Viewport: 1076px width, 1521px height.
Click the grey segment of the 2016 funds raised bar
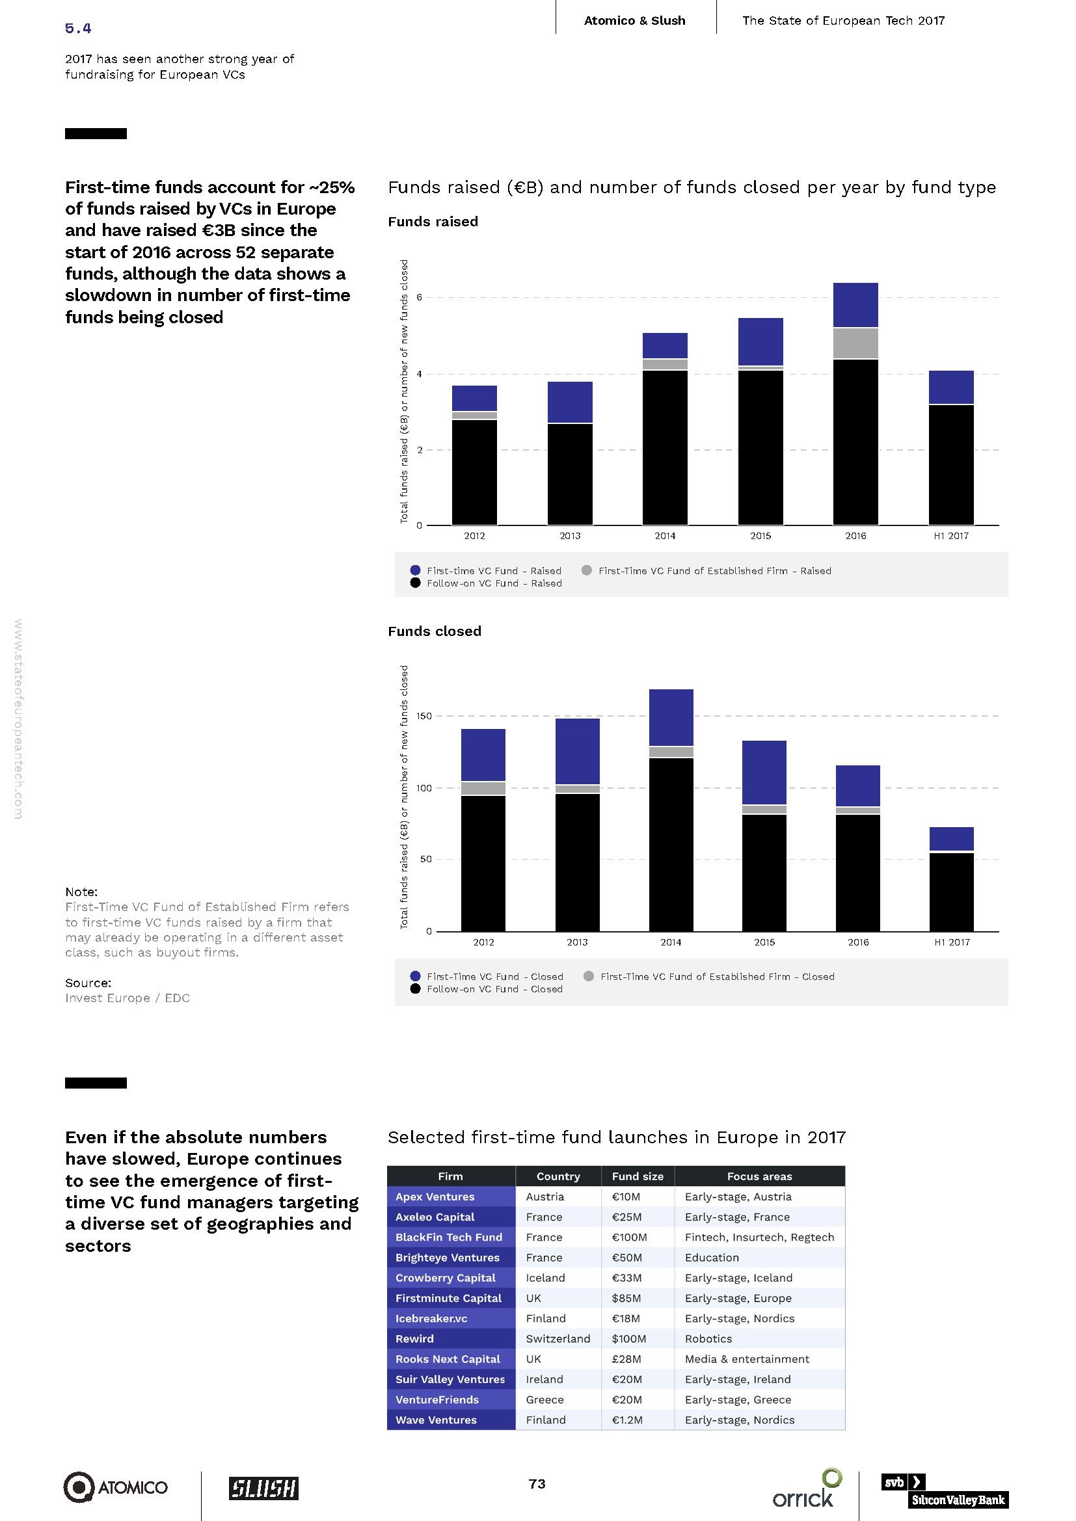click(855, 343)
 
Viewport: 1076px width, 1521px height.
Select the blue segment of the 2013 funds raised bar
click(570, 402)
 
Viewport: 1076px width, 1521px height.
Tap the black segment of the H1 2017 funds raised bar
click(951, 464)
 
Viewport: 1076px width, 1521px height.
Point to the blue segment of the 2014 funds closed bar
click(671, 717)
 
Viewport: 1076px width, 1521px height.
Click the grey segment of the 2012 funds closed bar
click(483, 788)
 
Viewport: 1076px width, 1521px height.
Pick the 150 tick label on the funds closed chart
click(424, 716)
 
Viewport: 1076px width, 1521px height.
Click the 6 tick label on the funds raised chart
click(420, 297)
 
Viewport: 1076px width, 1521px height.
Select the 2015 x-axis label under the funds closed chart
click(764, 942)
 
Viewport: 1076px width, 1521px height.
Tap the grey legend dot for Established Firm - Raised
click(586, 570)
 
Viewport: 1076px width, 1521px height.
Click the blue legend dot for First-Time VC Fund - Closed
click(416, 976)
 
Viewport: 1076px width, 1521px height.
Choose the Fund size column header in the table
click(638, 1176)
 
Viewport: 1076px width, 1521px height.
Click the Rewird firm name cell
click(415, 1339)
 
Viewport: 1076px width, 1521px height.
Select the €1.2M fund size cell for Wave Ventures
click(626, 1420)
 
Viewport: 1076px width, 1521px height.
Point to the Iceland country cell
click(545, 1278)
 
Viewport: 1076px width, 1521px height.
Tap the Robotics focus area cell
click(708, 1339)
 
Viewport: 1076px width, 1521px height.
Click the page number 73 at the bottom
click(537, 1484)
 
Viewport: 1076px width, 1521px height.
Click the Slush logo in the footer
click(263, 1488)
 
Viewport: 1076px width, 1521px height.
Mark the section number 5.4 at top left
click(78, 28)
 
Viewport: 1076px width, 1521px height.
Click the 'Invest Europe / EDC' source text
click(128, 998)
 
